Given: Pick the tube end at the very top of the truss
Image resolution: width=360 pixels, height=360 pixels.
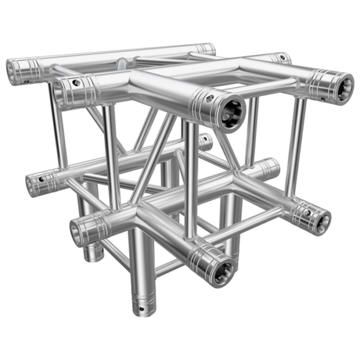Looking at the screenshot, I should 206,49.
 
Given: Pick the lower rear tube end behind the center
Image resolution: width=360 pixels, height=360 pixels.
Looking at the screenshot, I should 206,142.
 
